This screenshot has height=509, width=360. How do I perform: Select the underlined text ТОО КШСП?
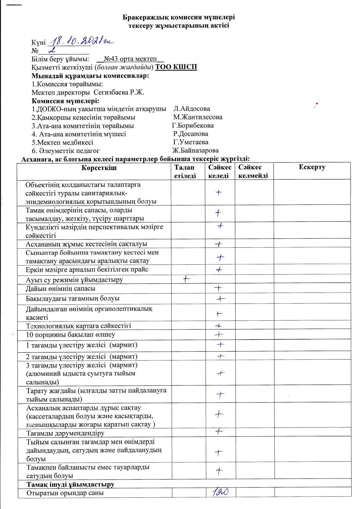coord(176,67)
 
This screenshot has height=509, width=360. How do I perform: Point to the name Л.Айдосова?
coord(192,109)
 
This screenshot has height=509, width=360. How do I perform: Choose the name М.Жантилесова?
coord(198,117)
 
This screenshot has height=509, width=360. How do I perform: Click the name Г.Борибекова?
coord(193,126)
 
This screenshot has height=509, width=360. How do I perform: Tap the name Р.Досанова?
coord(190,134)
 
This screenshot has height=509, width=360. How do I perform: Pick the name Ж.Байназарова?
coord(195,151)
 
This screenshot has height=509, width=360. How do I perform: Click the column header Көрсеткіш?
coord(99,167)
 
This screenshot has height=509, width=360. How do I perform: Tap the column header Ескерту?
coord(312,167)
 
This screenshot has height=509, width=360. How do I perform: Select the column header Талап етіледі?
coord(185,171)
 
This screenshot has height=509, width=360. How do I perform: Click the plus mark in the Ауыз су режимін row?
coord(187,279)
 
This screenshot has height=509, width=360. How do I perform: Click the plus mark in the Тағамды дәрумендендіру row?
coord(219,432)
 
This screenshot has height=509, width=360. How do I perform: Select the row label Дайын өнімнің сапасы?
coord(60,289)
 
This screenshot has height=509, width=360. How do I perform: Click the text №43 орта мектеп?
coord(130,59)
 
